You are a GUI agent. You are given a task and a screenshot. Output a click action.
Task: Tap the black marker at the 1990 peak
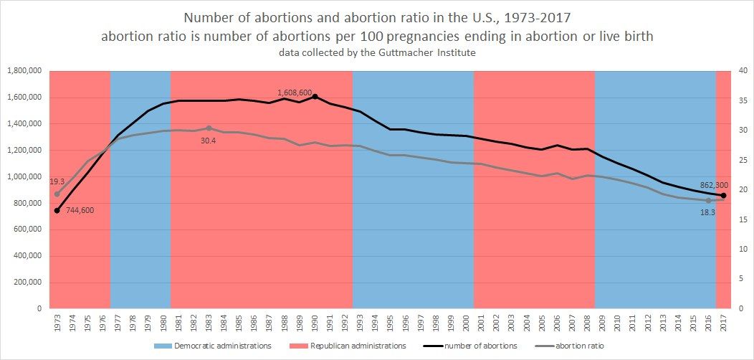pyautogui.click(x=315, y=96)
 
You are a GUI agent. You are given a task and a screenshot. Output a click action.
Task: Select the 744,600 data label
pyautogui.click(x=76, y=210)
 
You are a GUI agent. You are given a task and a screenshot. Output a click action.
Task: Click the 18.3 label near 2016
pyautogui.click(x=708, y=212)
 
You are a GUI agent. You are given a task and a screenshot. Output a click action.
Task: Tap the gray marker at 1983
pyautogui.click(x=209, y=128)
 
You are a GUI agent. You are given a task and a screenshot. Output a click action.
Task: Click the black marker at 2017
pyautogui.click(x=723, y=195)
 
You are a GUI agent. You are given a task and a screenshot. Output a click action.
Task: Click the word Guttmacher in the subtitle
pyautogui.click(x=403, y=53)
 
